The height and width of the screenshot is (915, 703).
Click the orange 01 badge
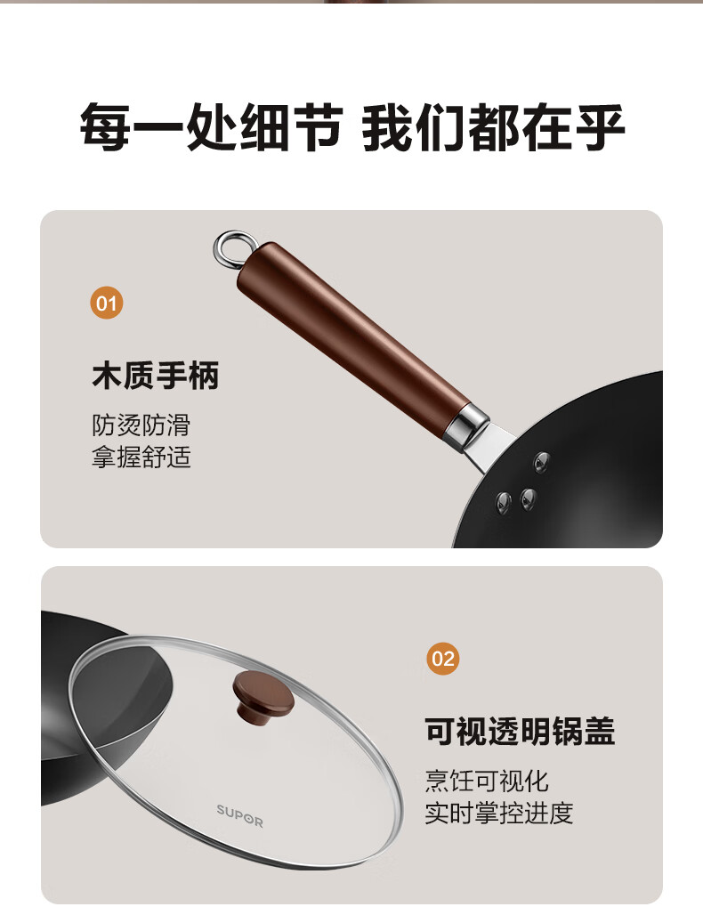coord(107,303)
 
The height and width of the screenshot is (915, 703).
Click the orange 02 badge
coord(443,659)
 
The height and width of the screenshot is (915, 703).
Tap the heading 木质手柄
coord(155,375)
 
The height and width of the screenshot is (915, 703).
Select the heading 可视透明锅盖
coord(519,731)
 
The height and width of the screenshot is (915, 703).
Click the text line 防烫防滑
coord(141,425)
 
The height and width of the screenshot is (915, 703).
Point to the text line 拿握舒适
coord(141,457)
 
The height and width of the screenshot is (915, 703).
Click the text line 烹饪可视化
coord(487,781)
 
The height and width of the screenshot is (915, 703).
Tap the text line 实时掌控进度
coord(499,813)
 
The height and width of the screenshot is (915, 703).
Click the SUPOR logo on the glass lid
coord(239,816)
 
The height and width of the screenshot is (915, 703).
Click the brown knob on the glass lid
coord(263,694)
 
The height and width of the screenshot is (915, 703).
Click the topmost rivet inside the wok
coord(542,462)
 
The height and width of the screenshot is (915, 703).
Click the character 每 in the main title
coord(106,126)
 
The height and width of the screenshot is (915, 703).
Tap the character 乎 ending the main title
coord(599,126)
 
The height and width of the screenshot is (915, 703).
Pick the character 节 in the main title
coord(317,126)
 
